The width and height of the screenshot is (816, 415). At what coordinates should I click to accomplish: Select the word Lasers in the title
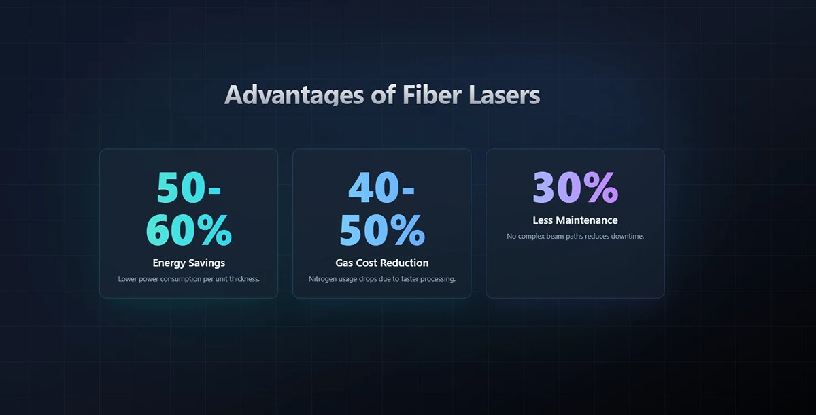click(x=505, y=95)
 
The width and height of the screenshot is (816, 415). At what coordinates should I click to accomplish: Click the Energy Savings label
click(x=189, y=263)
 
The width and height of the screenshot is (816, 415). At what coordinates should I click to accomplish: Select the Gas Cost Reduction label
click(x=381, y=263)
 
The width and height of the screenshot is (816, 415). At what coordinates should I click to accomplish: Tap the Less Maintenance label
click(x=575, y=220)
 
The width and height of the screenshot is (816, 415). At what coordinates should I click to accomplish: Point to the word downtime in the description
click(x=627, y=237)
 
